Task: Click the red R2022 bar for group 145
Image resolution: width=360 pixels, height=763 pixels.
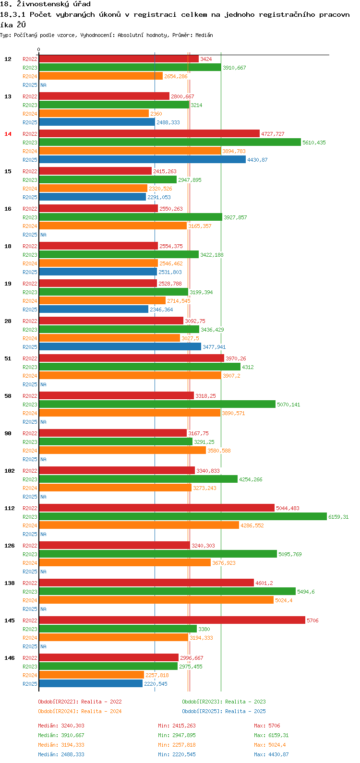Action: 172,620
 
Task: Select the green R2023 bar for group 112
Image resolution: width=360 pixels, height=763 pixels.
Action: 182,517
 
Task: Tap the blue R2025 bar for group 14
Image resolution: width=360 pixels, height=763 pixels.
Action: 142,160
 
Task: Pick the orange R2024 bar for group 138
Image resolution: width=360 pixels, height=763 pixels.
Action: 156,600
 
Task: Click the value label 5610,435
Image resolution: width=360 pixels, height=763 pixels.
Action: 314,143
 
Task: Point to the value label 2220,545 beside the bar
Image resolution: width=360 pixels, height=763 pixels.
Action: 156,684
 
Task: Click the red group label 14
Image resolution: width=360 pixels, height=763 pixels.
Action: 8,134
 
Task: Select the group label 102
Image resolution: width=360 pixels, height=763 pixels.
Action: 10,471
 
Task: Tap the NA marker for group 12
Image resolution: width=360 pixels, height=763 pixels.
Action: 43,85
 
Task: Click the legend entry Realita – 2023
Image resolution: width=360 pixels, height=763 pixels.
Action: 224,702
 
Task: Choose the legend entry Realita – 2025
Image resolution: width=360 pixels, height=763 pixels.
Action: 224,711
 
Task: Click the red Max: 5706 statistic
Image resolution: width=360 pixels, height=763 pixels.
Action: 267,726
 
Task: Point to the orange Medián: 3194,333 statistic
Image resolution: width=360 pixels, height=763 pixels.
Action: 61,745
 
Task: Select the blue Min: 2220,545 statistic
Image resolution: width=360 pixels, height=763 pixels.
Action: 177,754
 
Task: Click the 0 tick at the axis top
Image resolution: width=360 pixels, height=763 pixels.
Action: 39,49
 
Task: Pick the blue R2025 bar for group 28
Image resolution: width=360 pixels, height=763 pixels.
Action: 120,347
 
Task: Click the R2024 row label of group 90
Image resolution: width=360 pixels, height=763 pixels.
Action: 30,451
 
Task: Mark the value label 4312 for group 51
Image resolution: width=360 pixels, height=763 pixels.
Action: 248,367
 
